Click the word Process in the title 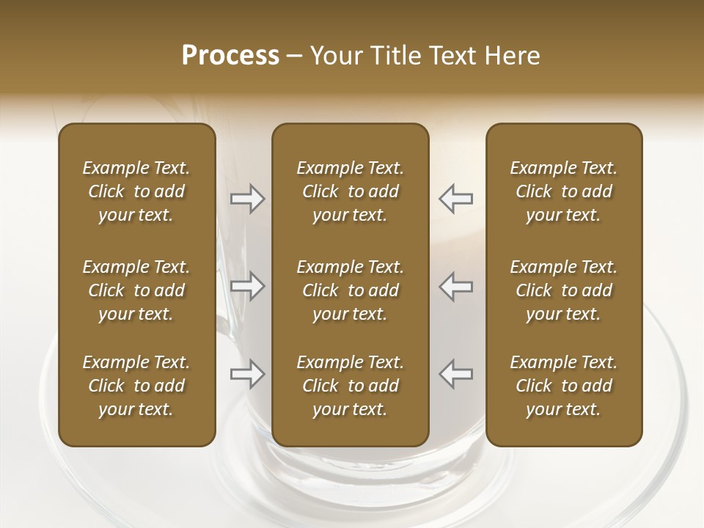[230, 55]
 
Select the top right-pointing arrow [248, 199]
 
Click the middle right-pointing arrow [248, 286]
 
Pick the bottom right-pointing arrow [248, 374]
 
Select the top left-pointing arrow [456, 199]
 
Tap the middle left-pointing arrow [456, 286]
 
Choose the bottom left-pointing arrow [456, 374]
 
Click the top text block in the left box [136, 191]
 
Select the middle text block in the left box [136, 290]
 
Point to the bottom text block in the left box [136, 386]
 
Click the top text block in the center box [351, 191]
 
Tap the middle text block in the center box [351, 290]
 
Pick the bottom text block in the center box [351, 386]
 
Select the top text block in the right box [564, 191]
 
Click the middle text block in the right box [564, 290]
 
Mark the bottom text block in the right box [564, 386]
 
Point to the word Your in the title [334, 56]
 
